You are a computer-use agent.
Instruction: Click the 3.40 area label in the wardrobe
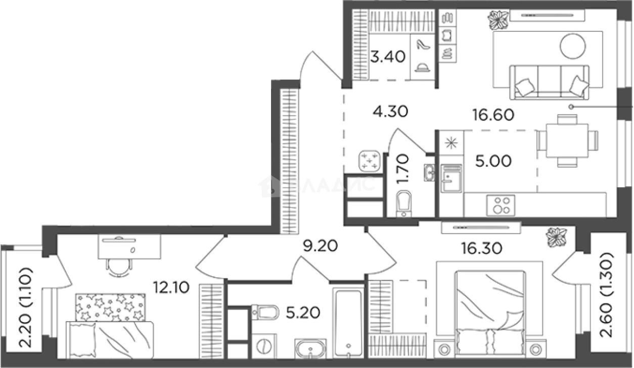pyautogui.click(x=387, y=56)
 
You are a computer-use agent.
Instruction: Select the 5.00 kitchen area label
pyautogui.click(x=493, y=162)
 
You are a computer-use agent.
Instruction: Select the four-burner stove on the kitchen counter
pyautogui.click(x=501, y=205)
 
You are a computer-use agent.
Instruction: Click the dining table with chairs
pyautogui.click(x=566, y=140)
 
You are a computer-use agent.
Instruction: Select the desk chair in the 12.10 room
pyautogui.click(x=119, y=266)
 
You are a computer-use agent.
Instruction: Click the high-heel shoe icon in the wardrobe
pyautogui.click(x=422, y=45)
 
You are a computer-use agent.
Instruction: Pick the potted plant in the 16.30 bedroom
pyautogui.click(x=557, y=237)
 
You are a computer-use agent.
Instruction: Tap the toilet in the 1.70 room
pyautogui.click(x=403, y=204)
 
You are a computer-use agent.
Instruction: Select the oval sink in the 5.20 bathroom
pyautogui.click(x=311, y=348)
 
